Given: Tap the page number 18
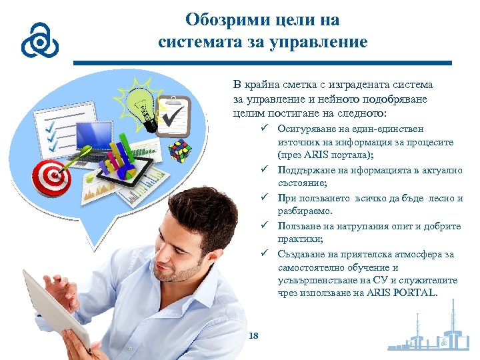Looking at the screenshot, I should pos(253,335).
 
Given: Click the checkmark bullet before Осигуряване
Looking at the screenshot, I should pos(265,129).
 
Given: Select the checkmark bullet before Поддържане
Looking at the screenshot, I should pos(265,170).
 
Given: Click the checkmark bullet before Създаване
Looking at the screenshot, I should pos(265,254).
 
